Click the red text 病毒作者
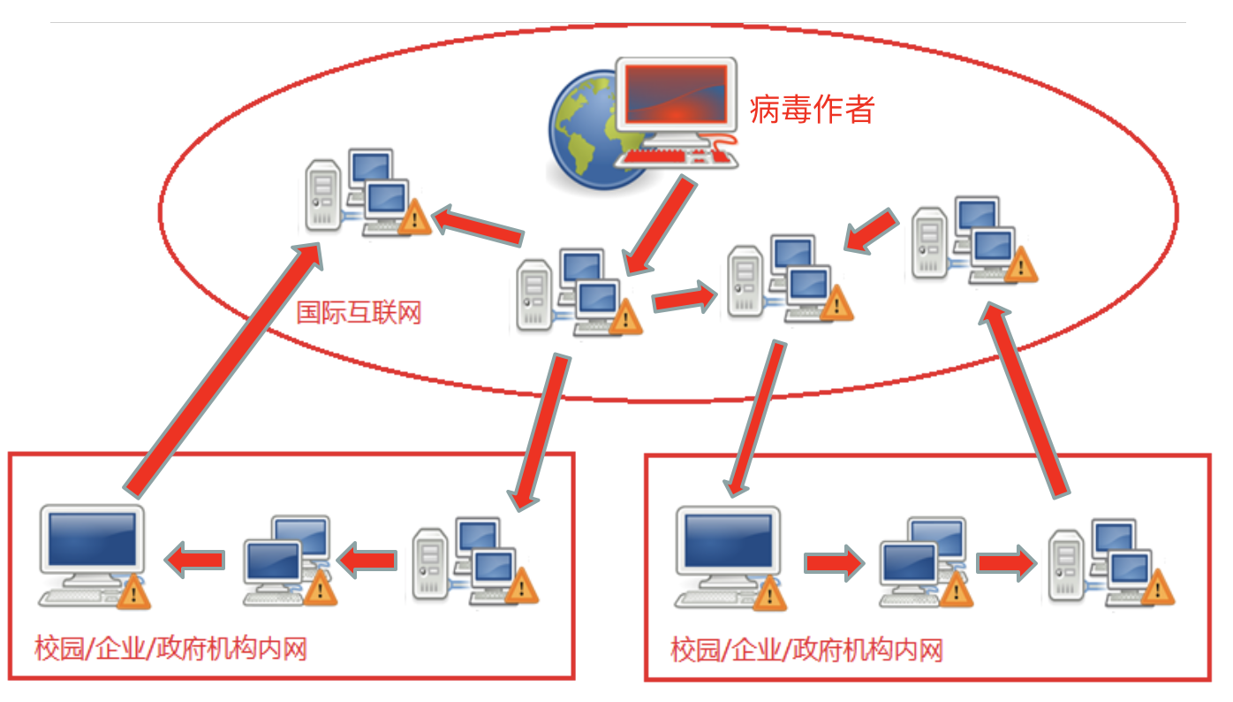click(812, 110)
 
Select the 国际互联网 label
click(359, 313)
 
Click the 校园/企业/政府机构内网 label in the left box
click(170, 650)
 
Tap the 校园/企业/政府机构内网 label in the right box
click(806, 652)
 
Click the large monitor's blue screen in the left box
click(93, 538)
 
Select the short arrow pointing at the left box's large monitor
click(194, 559)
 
